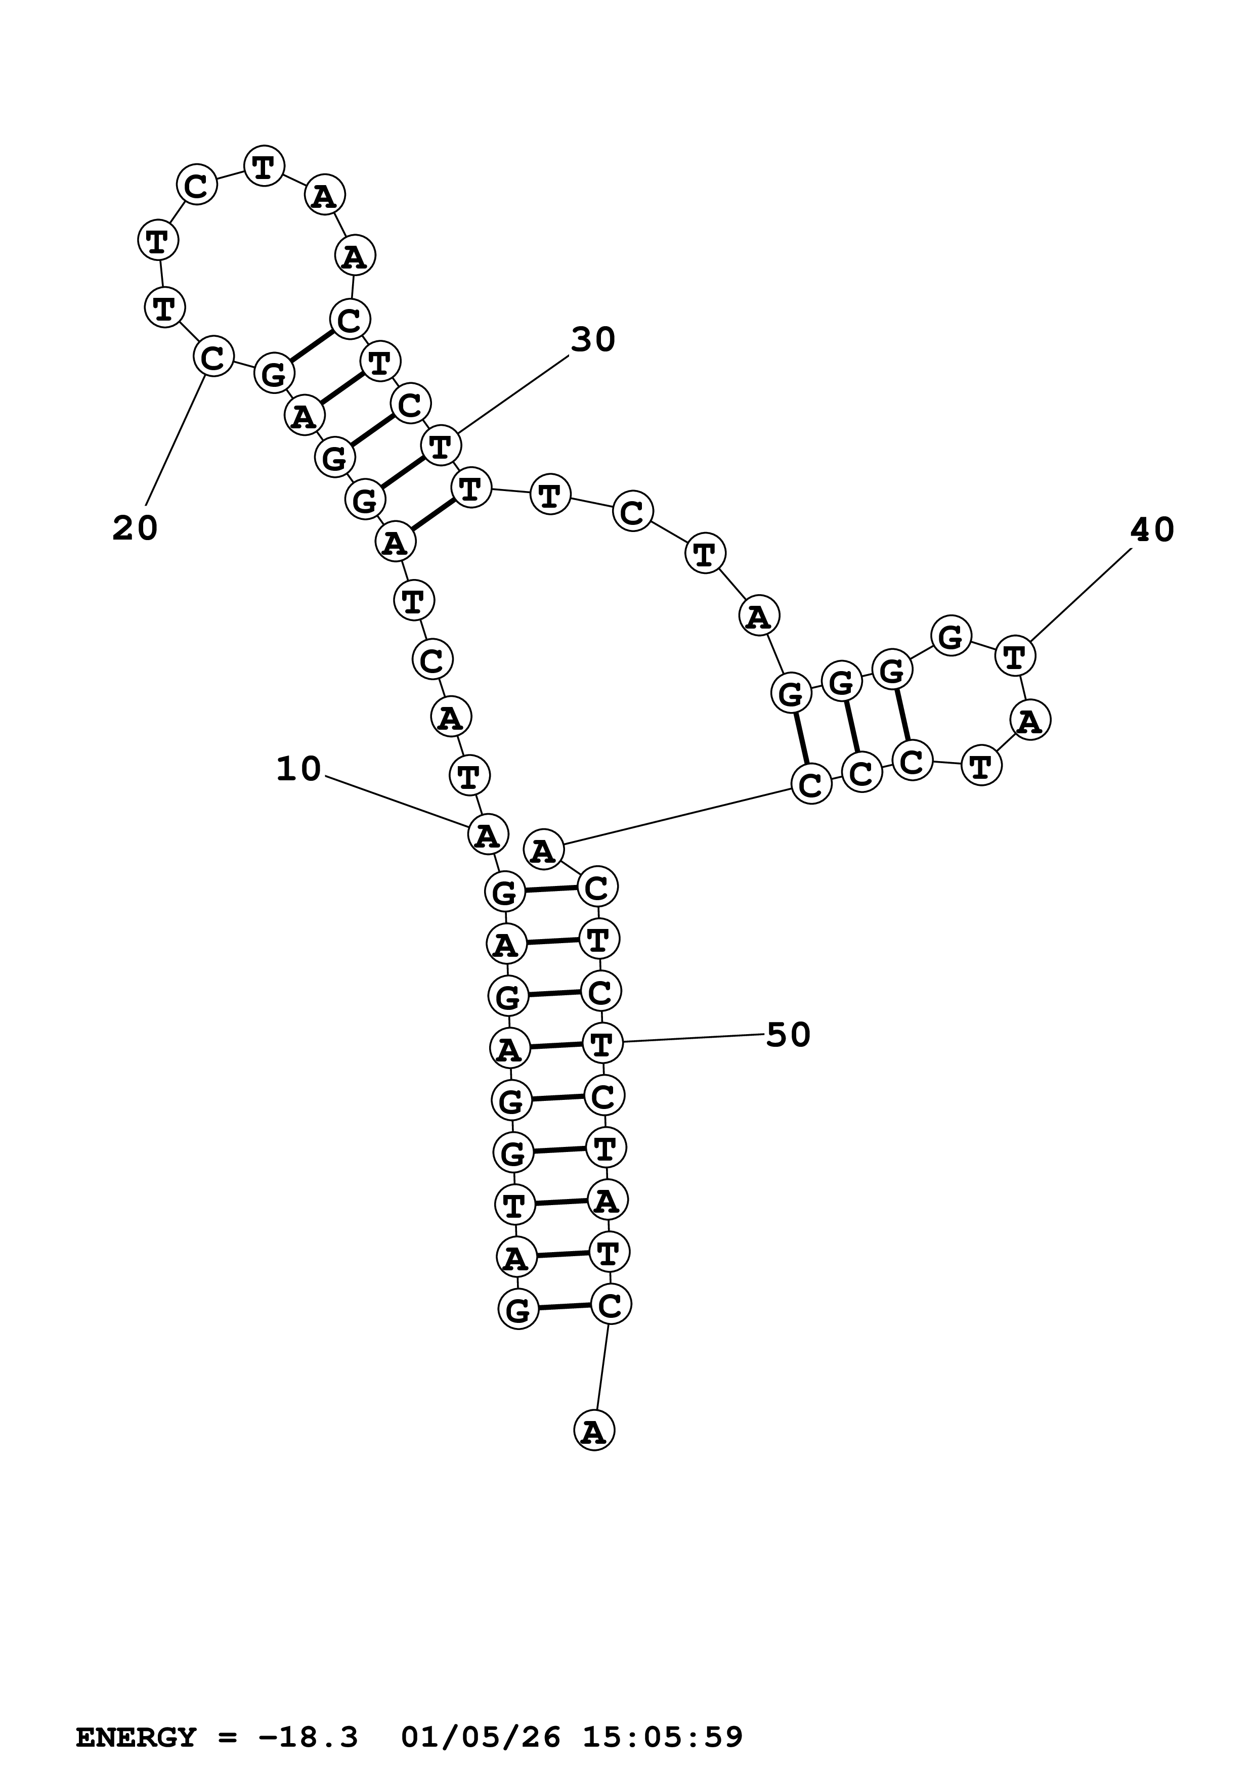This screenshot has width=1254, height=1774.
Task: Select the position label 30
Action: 593,339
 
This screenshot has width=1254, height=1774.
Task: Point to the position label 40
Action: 1151,530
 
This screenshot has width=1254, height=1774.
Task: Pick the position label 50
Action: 788,1035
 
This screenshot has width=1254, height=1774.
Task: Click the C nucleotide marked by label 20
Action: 212,357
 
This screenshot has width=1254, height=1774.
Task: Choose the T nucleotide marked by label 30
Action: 441,446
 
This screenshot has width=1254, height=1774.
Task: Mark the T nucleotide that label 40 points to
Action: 1015,657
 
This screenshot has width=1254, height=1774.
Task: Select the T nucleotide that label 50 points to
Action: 602,1044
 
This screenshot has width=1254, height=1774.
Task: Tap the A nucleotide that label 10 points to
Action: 488,835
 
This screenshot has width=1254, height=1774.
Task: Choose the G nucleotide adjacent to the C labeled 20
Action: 274,374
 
